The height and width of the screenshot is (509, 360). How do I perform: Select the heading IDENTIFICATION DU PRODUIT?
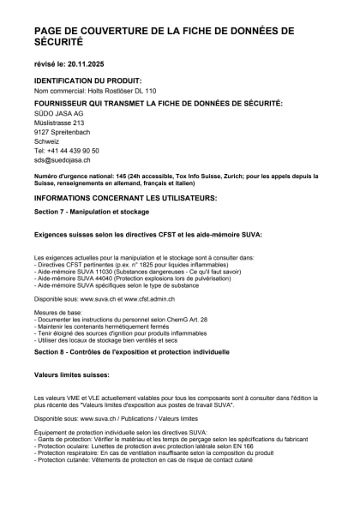(87, 80)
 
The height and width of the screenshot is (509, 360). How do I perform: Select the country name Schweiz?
(48, 141)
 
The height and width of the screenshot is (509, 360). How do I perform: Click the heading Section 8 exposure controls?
(120, 351)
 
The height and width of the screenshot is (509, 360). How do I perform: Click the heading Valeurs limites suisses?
(72, 375)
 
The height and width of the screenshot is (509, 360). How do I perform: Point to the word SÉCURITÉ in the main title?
(59, 42)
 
